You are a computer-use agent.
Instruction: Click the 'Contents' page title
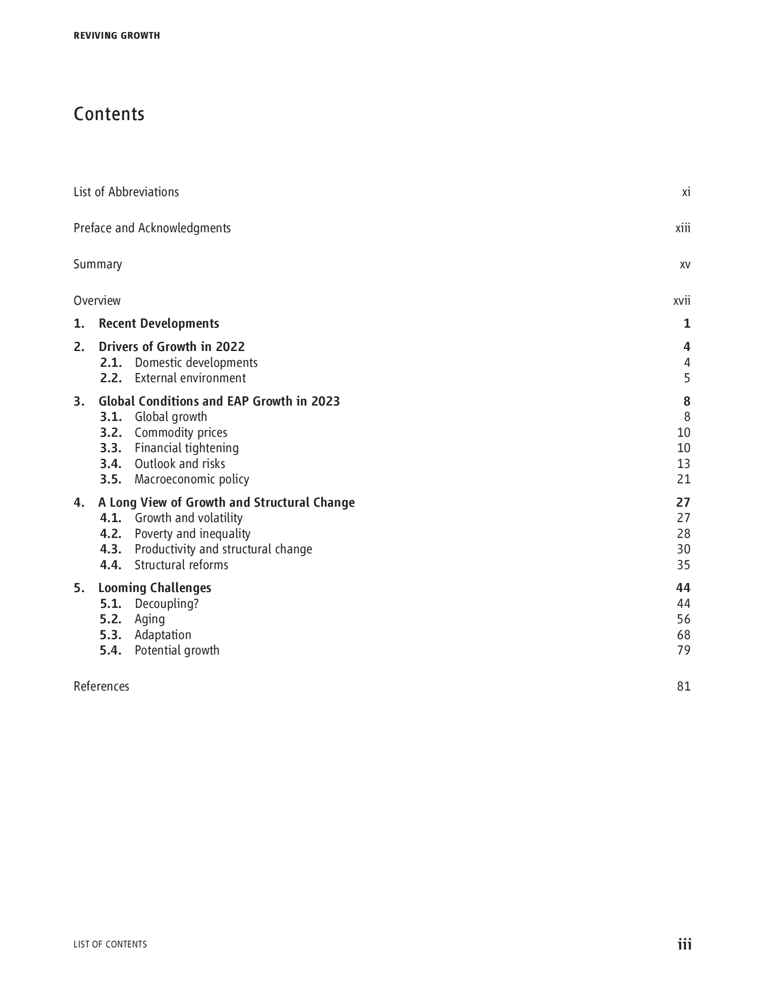[109, 114]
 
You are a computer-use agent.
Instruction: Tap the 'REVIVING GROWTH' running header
[117, 36]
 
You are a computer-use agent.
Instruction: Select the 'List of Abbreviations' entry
[126, 192]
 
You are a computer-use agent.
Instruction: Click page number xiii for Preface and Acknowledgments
[682, 228]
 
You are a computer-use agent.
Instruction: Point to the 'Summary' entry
[98, 264]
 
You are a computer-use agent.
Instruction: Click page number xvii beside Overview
[681, 300]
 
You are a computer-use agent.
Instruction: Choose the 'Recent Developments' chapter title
[159, 324]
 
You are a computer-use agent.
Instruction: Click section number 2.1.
[111, 362]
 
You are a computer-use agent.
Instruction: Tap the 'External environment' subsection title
[190, 378]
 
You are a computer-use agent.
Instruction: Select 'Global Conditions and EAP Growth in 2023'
[219, 401]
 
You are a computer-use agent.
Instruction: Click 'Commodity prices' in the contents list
[181, 432]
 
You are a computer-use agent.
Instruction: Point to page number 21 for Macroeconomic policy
[683, 479]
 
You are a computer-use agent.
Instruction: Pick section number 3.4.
[111, 464]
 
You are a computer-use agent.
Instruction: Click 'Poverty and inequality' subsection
[192, 534]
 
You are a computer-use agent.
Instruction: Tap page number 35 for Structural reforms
[683, 565]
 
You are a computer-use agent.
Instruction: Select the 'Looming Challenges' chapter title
[154, 588]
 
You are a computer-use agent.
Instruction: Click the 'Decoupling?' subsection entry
[166, 604]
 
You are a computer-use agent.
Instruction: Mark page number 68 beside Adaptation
[683, 635]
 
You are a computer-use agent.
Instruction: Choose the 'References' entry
[101, 687]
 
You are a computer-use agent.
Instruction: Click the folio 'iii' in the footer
[684, 944]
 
